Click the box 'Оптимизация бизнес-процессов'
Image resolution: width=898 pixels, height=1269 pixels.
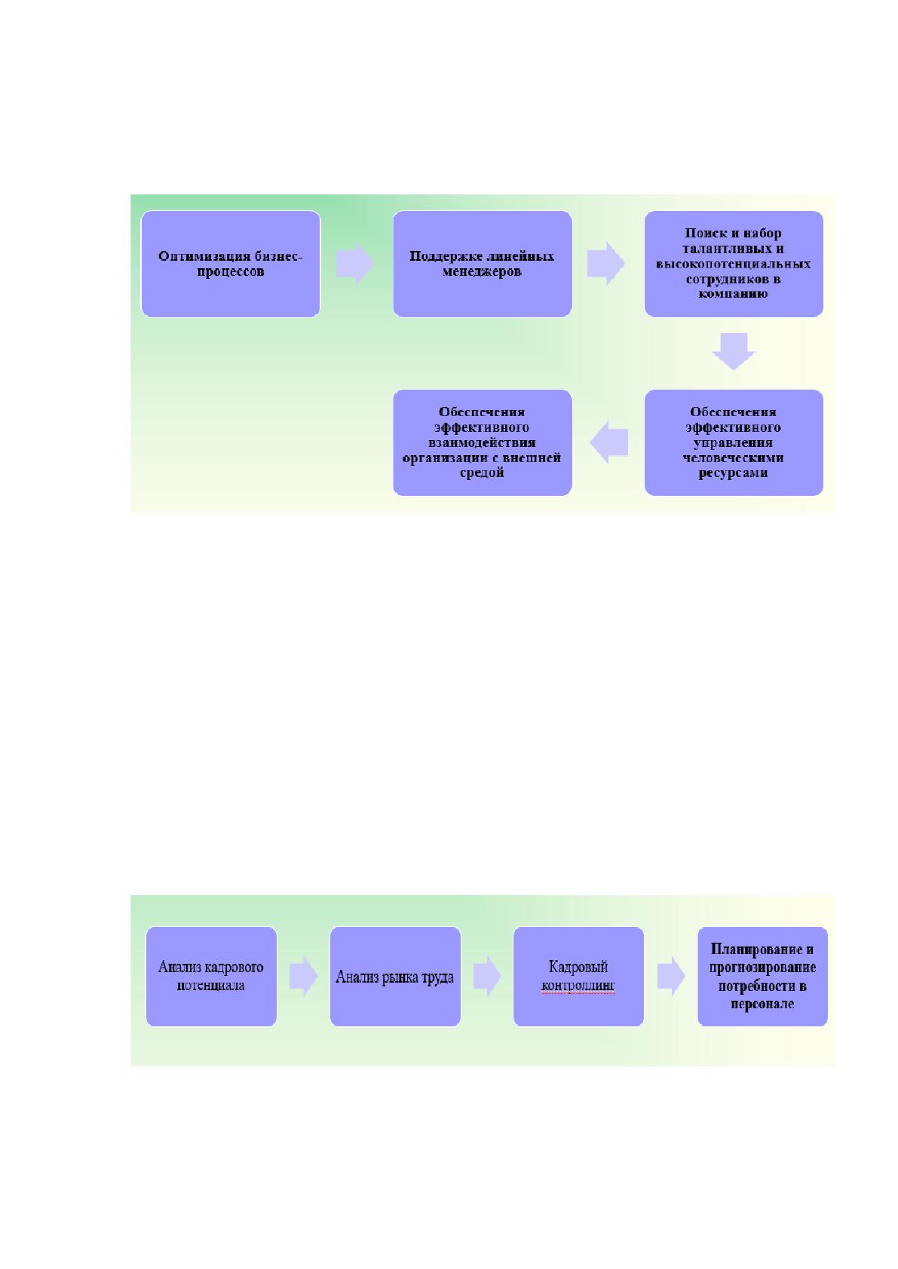[231, 264]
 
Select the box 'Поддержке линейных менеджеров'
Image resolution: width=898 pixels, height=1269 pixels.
[483, 264]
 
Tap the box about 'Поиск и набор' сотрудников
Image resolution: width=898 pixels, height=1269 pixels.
[734, 264]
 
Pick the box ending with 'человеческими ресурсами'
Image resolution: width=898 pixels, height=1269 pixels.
[734, 442]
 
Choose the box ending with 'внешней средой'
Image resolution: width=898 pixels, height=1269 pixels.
[483, 442]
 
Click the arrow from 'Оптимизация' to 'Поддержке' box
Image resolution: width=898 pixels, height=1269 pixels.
[355, 264]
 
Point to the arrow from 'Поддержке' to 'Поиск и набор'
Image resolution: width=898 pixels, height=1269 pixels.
[606, 264]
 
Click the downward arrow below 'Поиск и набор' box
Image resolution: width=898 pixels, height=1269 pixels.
[734, 352]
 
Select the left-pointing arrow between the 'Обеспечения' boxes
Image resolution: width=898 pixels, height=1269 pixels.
[609, 442]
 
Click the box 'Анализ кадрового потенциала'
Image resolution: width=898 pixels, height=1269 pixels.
[211, 976]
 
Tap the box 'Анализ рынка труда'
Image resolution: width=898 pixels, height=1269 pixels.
[395, 976]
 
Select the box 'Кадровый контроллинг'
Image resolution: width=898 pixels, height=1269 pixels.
[578, 976]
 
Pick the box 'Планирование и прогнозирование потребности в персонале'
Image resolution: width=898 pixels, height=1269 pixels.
[762, 976]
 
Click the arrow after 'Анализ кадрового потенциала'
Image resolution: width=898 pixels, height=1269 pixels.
[303, 976]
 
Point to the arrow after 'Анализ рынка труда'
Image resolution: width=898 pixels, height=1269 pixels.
[487, 976]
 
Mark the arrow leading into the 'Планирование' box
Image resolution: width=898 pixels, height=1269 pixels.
[670, 976]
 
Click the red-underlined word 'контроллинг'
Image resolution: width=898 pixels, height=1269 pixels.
[578, 986]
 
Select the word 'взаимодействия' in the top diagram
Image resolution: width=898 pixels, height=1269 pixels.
[481, 442]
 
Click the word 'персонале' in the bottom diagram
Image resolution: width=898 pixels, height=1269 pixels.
[762, 1004]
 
